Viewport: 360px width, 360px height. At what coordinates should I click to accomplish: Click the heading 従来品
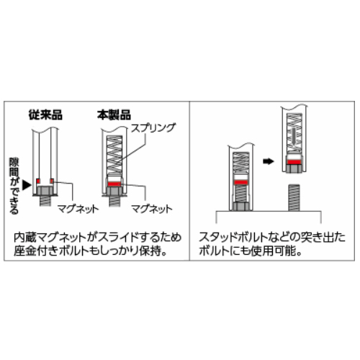point(45,114)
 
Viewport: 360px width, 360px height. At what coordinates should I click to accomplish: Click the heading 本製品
point(114,114)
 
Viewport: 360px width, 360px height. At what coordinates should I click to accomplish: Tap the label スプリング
point(153,128)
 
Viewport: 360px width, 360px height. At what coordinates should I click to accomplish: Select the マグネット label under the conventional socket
point(78,209)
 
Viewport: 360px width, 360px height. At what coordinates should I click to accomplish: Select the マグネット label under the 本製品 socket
point(152,209)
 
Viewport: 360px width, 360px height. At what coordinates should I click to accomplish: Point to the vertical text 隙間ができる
point(14,186)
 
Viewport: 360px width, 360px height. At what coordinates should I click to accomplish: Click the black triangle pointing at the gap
point(27,185)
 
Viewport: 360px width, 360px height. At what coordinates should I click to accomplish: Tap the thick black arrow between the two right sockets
point(269,161)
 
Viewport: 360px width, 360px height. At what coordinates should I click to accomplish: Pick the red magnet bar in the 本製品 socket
point(114,184)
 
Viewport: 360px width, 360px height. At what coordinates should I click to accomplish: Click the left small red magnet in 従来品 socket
point(38,181)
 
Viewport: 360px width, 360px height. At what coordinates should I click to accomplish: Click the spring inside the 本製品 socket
point(114,154)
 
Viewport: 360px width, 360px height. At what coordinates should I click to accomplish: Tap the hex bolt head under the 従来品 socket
point(45,191)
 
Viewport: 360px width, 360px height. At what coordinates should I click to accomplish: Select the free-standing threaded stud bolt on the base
point(294,198)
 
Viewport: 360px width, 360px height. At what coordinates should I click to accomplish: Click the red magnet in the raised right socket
point(294,162)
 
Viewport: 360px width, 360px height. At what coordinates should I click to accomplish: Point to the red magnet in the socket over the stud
point(241,183)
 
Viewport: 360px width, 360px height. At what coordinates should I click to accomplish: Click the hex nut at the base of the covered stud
point(241,207)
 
